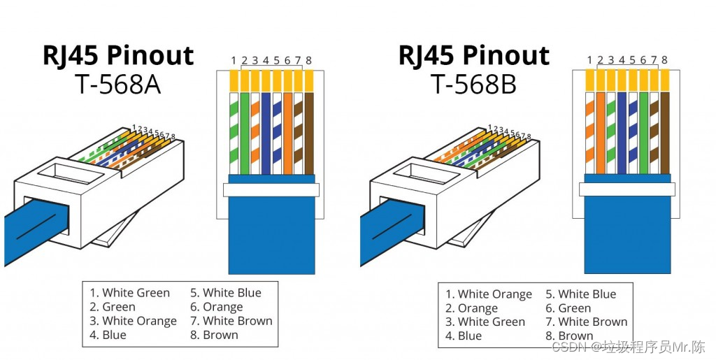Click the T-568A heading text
pos(117,85)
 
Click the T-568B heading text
pos(473,85)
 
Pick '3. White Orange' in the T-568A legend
pos(133,321)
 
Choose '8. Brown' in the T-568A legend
pos(214,335)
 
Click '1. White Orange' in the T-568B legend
pos(489,294)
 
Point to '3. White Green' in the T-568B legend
pos(485,322)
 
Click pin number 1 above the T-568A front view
pos(234,61)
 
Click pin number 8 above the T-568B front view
pos(664,60)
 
